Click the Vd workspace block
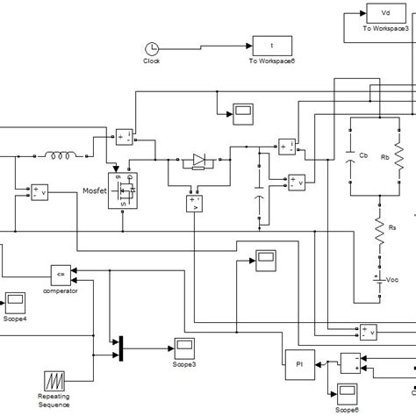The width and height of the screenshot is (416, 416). (x=384, y=15)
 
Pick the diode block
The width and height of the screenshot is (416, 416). (x=197, y=160)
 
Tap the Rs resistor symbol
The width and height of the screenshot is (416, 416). (x=379, y=228)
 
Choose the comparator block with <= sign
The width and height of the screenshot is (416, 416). (x=59, y=271)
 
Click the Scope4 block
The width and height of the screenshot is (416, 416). (x=16, y=304)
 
